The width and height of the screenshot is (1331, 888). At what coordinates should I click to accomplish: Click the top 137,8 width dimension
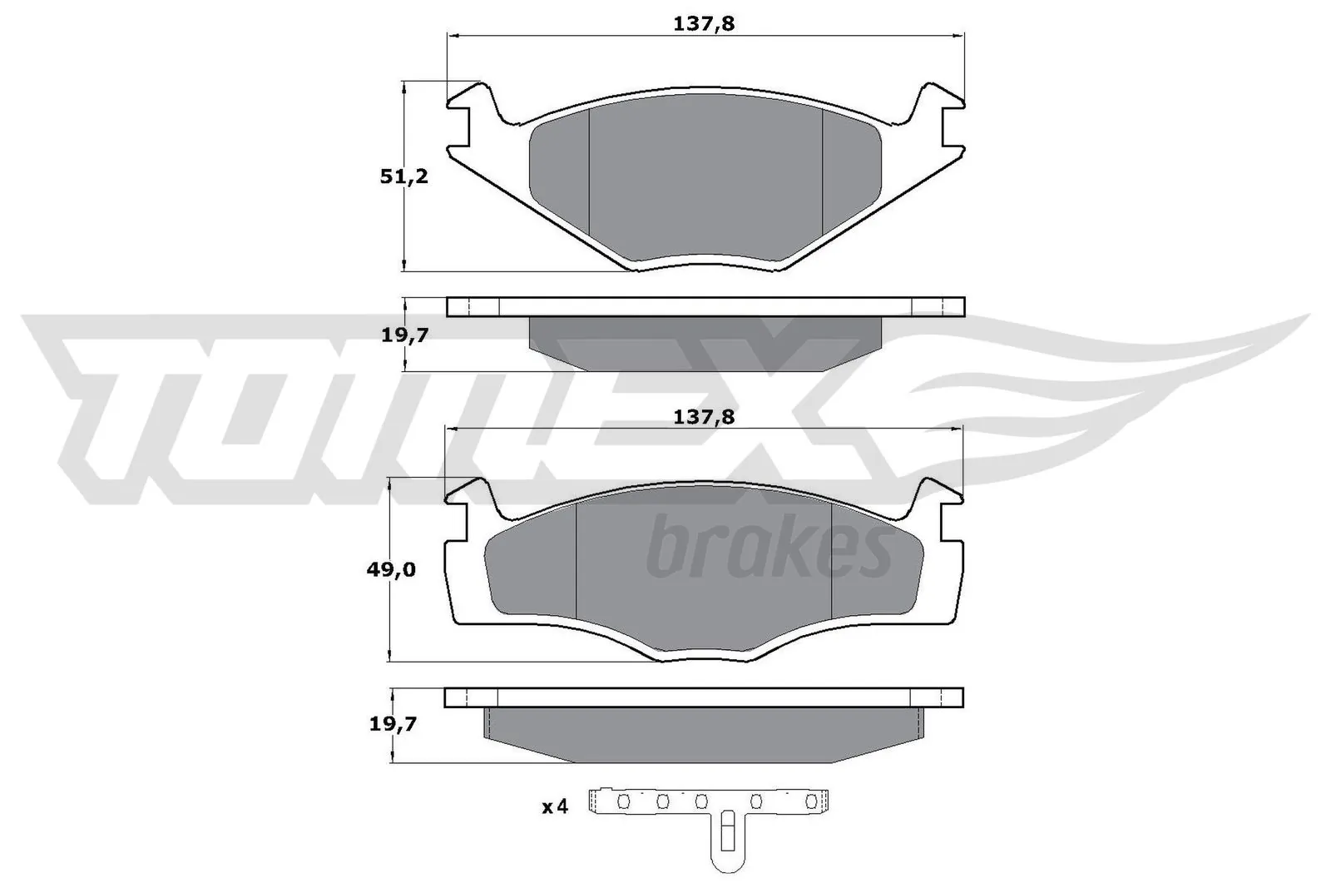pos(704,24)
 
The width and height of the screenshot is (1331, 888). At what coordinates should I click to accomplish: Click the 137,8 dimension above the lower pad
pos(704,417)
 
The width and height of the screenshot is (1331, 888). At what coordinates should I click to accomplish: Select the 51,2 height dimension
pos(403,176)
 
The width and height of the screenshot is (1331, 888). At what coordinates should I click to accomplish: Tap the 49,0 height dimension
pos(391,570)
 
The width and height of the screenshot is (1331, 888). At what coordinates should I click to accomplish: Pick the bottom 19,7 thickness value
pos(393,724)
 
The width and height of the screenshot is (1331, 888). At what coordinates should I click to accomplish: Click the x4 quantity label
pos(554,806)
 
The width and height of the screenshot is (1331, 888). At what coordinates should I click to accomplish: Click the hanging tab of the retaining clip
pos(726,841)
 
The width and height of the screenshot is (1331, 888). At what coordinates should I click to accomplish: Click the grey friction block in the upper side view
pos(705,341)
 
